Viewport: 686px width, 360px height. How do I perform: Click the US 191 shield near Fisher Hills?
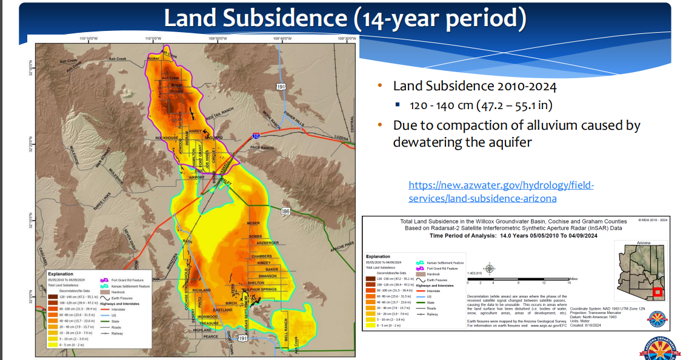point(281,87)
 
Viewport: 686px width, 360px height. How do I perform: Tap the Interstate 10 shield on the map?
point(256,137)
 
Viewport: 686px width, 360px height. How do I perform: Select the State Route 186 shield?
point(285,211)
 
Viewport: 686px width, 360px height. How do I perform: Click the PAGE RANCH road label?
point(262,148)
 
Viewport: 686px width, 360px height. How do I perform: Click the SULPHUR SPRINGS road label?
point(260,290)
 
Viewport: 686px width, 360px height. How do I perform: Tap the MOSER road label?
point(253,224)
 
